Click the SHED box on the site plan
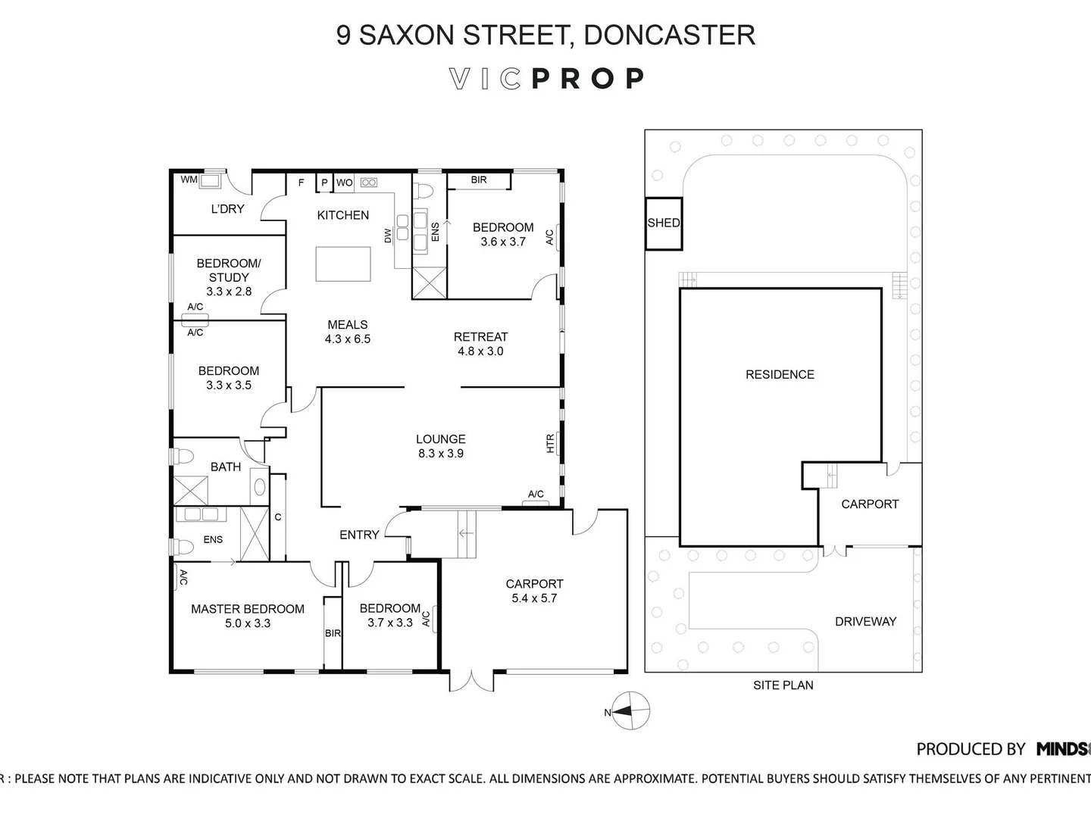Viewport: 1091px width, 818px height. [x=663, y=223]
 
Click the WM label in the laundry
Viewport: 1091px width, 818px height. [x=189, y=180]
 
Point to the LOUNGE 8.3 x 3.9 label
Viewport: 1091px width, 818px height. [x=440, y=446]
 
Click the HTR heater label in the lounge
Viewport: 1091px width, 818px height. [x=551, y=443]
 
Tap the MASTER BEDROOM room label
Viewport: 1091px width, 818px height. [x=247, y=609]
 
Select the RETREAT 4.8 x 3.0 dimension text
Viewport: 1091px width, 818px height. [x=480, y=351]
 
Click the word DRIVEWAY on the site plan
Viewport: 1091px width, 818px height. [x=865, y=621]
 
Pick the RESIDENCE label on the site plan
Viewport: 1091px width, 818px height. [x=780, y=374]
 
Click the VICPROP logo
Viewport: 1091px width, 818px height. [x=546, y=79]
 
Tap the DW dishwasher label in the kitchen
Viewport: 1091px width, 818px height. [x=388, y=236]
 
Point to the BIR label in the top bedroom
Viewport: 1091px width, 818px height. [x=479, y=180]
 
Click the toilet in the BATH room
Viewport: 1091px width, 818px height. [x=183, y=457]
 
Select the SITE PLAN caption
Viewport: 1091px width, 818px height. [x=783, y=685]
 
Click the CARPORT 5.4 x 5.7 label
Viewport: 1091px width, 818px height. [x=534, y=591]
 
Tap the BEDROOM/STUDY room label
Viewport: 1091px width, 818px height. [x=228, y=270]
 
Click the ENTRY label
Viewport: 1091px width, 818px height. [x=359, y=535]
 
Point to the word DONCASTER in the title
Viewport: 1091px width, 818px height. [x=670, y=35]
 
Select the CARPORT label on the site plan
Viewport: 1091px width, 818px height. [x=869, y=504]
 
